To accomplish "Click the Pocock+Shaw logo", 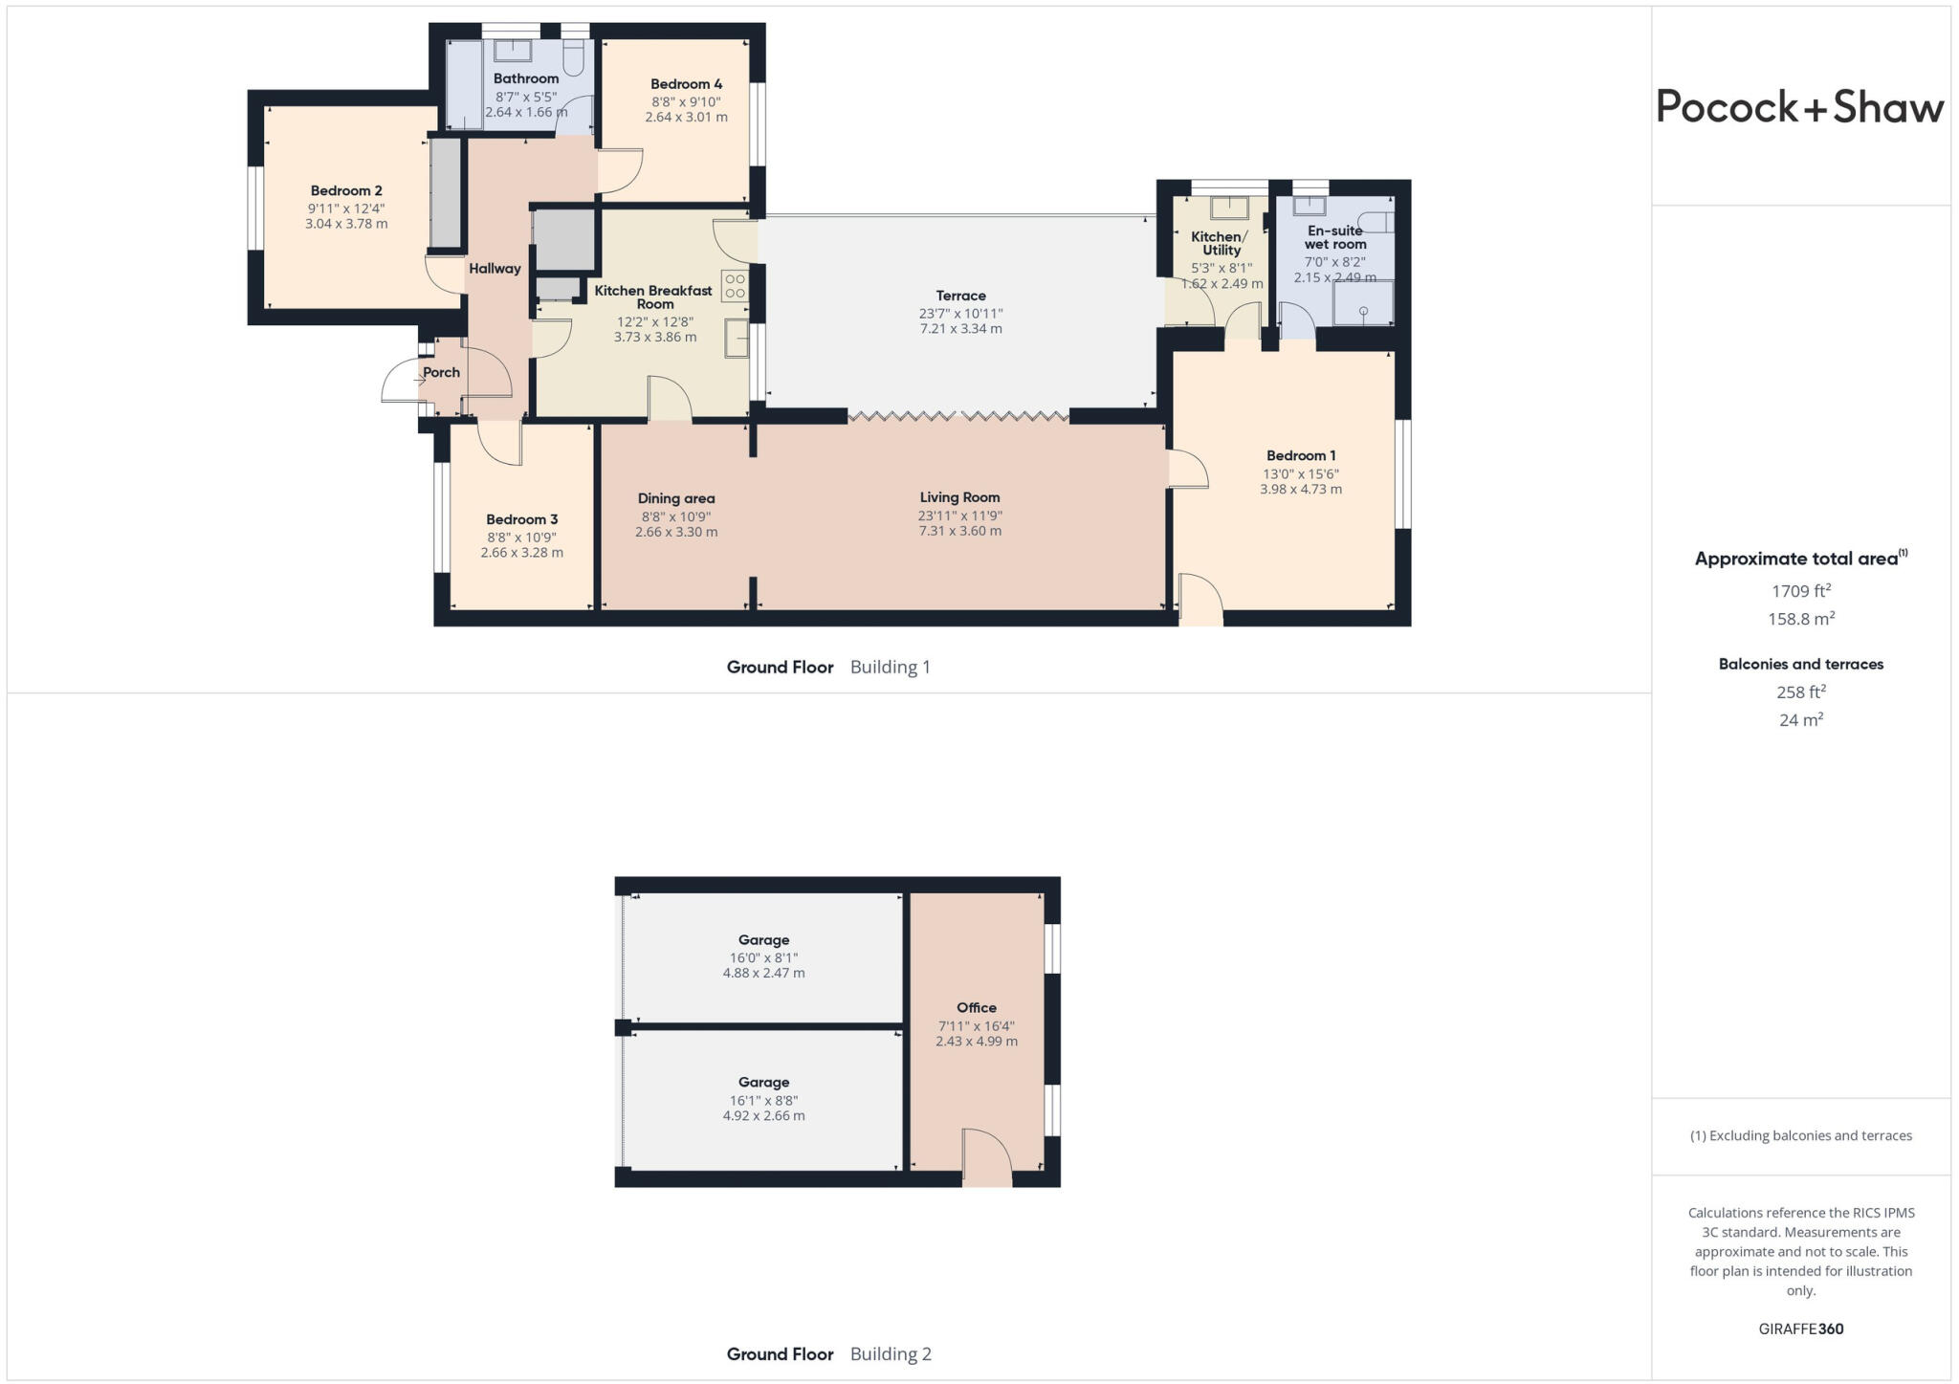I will coord(1799,107).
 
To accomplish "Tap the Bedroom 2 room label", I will coord(346,190).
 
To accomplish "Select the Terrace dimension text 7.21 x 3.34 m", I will coord(960,329).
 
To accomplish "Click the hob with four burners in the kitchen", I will coord(735,286).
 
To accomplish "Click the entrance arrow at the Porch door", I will coord(419,381).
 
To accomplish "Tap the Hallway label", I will coord(495,269).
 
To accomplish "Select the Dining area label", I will coord(676,498).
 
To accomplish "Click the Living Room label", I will coord(959,497).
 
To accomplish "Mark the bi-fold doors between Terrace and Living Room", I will coord(958,416).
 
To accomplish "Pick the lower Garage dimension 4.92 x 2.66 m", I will coord(763,1115).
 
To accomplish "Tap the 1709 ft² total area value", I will coord(1800,591).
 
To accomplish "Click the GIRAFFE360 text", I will coord(1800,1329).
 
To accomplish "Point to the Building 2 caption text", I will coord(890,1353).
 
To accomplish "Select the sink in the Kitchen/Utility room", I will coord(1229,209).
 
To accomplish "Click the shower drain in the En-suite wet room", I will coord(1363,312).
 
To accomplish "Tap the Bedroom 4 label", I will coord(686,84).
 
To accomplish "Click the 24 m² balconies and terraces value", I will coord(1800,720).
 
